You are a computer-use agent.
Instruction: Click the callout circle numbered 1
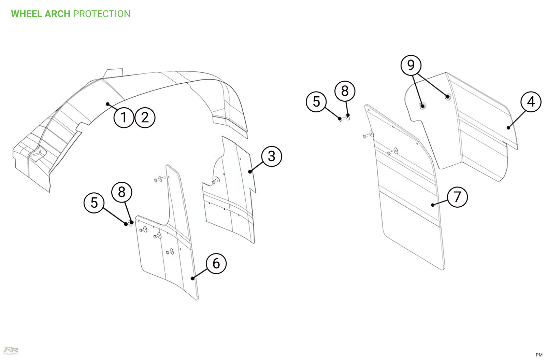click(x=124, y=117)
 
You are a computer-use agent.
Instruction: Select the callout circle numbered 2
click(x=145, y=117)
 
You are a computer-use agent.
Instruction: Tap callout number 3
click(x=272, y=156)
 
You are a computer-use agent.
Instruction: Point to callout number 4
click(x=531, y=101)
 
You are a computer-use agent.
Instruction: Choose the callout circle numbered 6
click(x=216, y=263)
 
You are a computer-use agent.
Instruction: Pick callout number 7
click(x=457, y=197)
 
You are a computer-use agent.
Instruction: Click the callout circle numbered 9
click(x=411, y=65)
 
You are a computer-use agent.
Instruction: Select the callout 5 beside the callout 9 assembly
click(x=316, y=101)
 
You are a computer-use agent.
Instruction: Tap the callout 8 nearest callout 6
click(x=122, y=192)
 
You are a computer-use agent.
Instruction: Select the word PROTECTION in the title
click(x=102, y=14)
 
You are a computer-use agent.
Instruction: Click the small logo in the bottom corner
click(x=11, y=350)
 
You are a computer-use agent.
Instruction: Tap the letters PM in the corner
click(x=539, y=355)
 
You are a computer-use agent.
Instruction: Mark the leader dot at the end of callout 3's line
click(x=250, y=171)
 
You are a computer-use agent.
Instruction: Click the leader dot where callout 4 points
click(x=508, y=128)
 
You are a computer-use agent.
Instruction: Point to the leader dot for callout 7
click(x=433, y=205)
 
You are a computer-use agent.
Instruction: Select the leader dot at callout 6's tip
click(x=192, y=278)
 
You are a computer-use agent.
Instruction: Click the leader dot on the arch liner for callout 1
click(x=107, y=104)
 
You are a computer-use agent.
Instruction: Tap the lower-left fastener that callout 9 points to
click(x=422, y=106)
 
